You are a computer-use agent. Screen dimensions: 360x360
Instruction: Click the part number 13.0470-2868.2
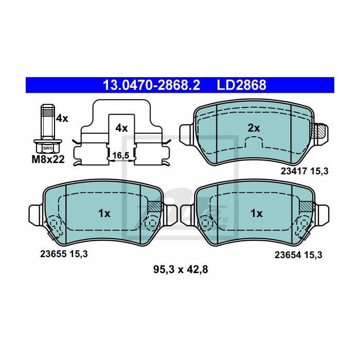click(x=152, y=85)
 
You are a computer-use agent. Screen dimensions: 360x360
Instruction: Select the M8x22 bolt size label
click(x=47, y=159)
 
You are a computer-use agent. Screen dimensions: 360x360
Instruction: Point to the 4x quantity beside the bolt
click(x=62, y=118)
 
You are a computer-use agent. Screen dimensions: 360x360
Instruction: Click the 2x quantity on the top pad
click(x=254, y=128)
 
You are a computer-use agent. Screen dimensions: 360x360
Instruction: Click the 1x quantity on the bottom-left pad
click(x=104, y=212)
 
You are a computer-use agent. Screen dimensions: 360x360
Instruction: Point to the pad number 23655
click(x=52, y=253)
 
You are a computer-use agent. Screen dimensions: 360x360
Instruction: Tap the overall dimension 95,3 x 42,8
click(x=180, y=268)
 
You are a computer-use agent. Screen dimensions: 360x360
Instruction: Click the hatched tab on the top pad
click(x=319, y=131)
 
